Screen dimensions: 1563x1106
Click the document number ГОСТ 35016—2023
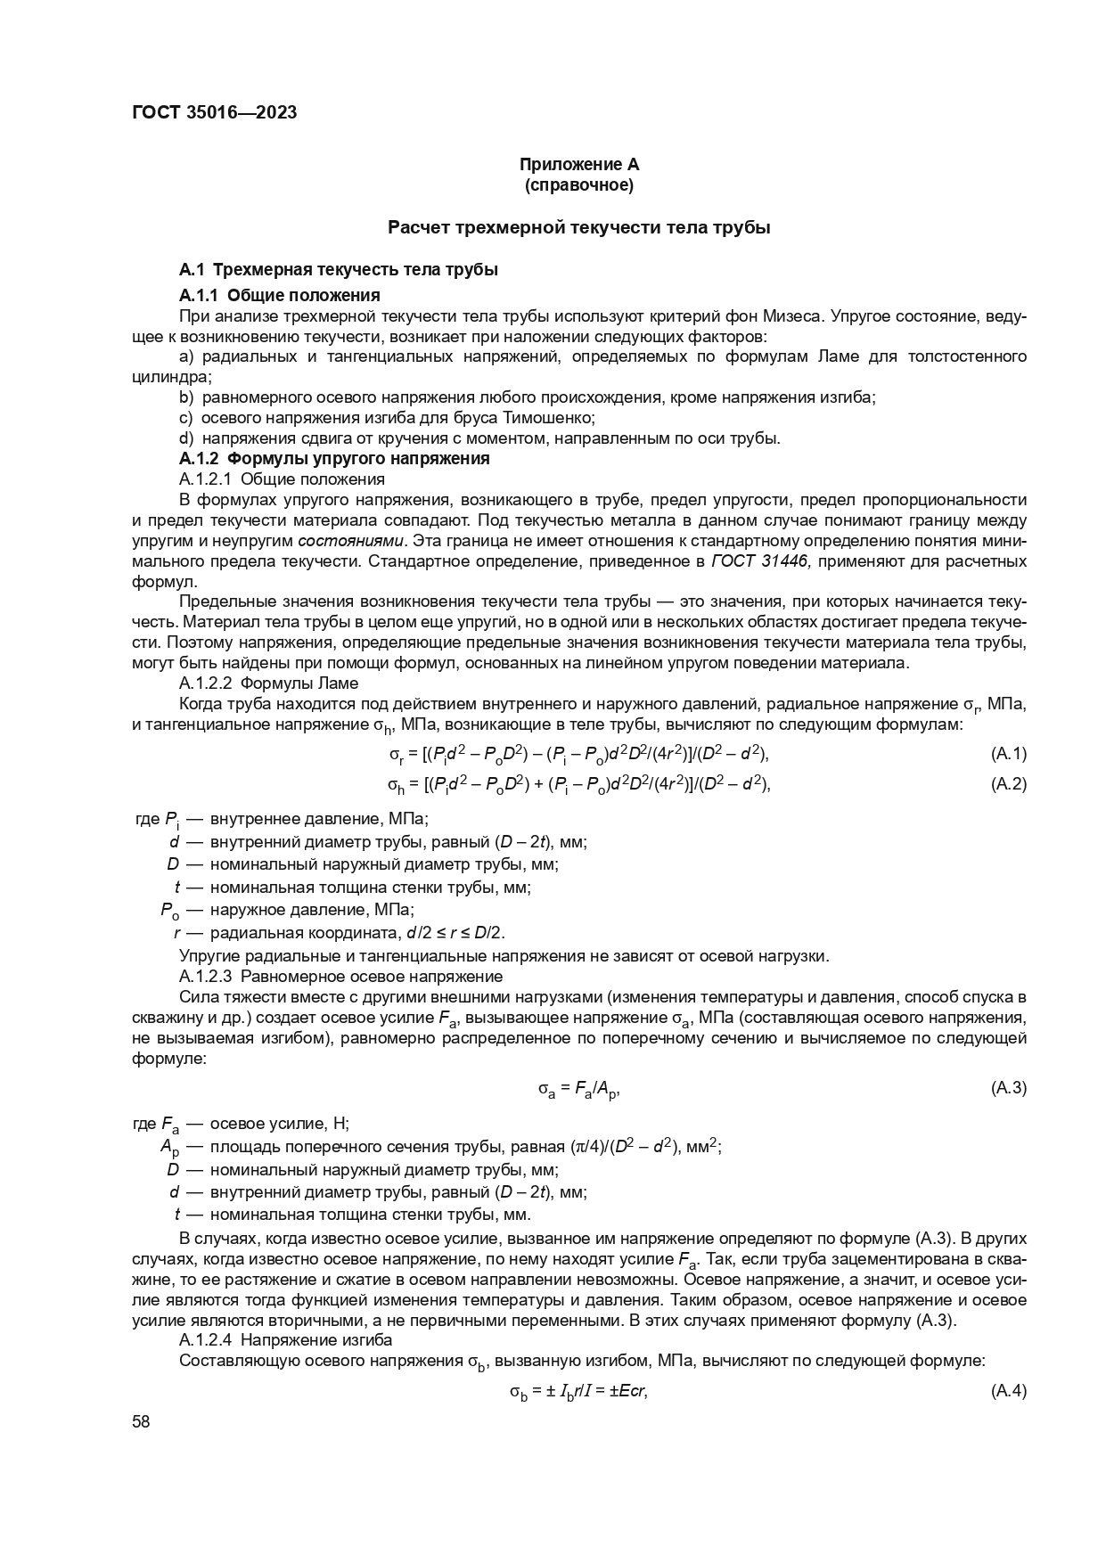(x=214, y=112)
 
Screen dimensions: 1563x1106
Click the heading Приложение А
(x=579, y=165)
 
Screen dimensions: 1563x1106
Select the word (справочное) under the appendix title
(x=579, y=185)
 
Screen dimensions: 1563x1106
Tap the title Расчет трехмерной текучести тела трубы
(x=578, y=227)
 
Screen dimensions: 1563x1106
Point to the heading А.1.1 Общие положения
(x=280, y=295)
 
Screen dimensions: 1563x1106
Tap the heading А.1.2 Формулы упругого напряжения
(x=334, y=459)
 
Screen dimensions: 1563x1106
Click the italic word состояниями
(x=351, y=541)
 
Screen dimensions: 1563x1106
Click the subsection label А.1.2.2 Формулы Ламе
(x=268, y=683)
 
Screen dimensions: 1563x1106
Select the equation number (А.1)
(x=1008, y=754)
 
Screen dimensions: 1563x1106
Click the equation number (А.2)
(x=1008, y=784)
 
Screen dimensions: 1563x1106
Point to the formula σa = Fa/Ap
(x=578, y=1089)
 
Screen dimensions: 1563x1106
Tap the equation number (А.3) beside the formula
(x=1008, y=1088)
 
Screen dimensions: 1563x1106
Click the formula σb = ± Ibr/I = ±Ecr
(x=578, y=1392)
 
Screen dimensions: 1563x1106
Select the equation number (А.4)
(x=1008, y=1391)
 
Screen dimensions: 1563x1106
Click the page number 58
(x=141, y=1422)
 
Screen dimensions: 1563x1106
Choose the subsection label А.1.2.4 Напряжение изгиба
(x=285, y=1340)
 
